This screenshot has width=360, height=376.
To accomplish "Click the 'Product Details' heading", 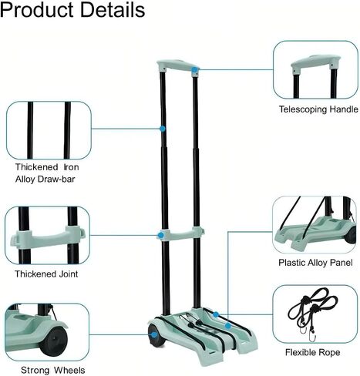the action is coord(72,10).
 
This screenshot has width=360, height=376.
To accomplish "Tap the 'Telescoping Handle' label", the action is coord(318,109).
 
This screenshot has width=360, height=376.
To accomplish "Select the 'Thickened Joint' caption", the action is coord(46,274).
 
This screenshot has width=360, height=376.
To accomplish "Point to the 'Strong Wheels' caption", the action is coord(52,370).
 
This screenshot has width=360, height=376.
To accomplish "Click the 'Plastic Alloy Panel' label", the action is coord(315,263).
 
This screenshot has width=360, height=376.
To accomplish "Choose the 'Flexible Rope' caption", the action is coord(312,352).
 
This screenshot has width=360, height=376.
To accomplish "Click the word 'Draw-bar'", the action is coord(56,179).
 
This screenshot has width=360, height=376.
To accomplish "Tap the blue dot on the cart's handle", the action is coord(195,69).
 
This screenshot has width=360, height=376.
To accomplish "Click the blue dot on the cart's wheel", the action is coord(154,334).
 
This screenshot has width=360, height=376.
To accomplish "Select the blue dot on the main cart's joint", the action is coord(161,235).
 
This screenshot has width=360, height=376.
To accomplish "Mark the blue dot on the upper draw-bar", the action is coord(163,129).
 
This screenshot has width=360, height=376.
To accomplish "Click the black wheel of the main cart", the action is coord(156,336).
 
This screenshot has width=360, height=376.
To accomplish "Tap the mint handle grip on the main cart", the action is coord(177,65).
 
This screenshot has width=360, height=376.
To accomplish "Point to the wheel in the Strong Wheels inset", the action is coord(54,341).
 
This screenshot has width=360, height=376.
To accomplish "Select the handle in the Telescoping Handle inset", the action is coord(315,62).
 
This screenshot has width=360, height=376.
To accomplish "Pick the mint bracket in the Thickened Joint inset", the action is coord(48,237).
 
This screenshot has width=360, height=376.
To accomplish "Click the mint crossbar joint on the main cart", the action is coord(180,234).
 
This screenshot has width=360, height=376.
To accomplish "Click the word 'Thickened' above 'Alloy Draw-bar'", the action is coord(36,167).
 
